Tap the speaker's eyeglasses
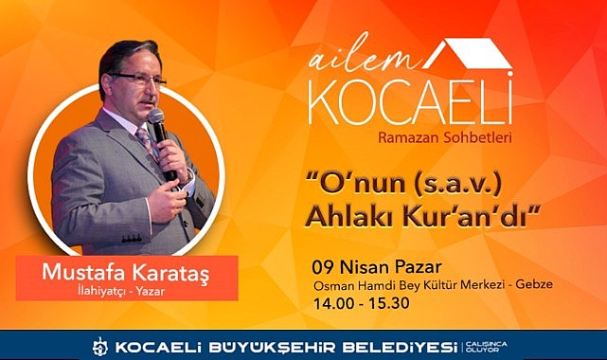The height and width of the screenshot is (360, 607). (138, 79)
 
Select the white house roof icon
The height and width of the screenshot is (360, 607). (468, 54)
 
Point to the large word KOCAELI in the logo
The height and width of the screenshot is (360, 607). (411, 100)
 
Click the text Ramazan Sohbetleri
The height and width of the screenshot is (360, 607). (445, 137)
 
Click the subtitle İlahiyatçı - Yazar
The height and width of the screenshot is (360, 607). (121, 291)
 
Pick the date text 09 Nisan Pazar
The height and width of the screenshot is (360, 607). (377, 267)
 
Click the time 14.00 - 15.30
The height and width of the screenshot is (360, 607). (361, 303)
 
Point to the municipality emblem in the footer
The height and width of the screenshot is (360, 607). (100, 347)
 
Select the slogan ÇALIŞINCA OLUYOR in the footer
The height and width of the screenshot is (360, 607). (486, 347)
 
